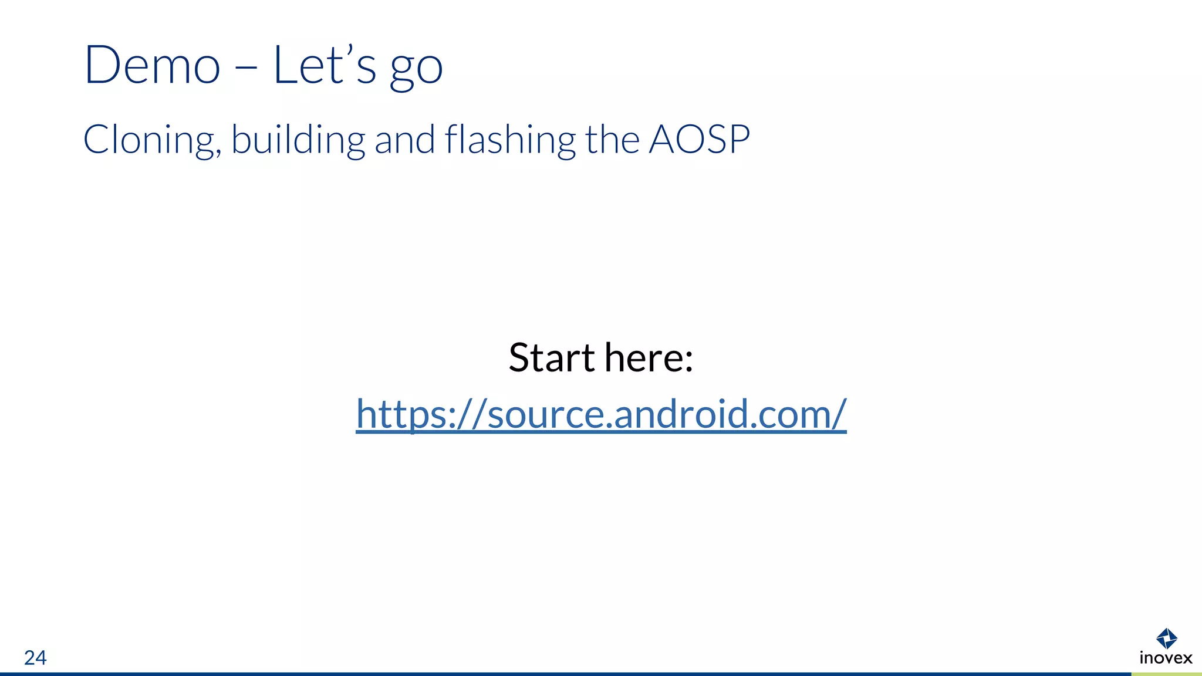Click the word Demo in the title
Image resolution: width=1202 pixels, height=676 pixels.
152,66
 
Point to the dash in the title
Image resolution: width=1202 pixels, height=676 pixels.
247,68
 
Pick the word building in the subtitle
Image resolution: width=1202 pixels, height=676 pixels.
298,140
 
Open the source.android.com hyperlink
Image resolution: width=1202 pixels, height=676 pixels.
601,414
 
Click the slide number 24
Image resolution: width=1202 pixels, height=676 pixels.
35,658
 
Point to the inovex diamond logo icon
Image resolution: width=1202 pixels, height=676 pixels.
1166,638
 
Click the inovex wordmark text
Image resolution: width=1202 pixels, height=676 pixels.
1166,658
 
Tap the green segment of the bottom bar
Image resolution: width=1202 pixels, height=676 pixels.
1166,674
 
